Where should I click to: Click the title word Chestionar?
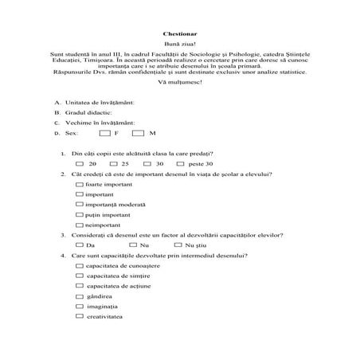179,35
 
